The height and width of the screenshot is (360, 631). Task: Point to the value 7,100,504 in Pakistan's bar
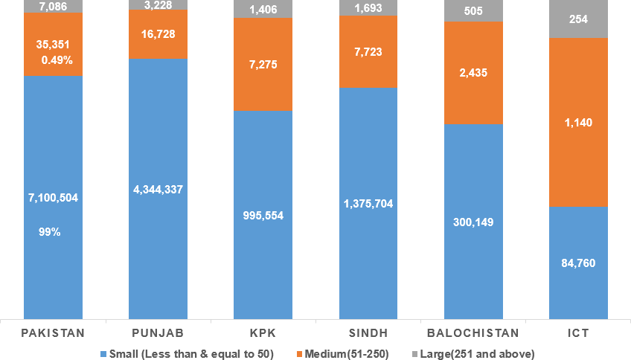53,197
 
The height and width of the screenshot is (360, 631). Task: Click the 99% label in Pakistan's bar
50,231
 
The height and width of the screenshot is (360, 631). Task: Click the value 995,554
263,215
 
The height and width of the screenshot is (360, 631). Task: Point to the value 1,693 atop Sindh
368,8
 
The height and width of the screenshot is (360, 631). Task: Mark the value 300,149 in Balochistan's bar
473,222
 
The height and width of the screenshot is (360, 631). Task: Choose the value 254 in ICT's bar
578,19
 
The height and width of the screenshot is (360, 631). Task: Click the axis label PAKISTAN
53,332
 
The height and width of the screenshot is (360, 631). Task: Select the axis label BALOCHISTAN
473,332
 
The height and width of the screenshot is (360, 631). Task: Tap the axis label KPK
263,332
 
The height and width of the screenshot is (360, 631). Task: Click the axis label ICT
578,332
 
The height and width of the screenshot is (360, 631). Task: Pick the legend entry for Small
187,353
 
